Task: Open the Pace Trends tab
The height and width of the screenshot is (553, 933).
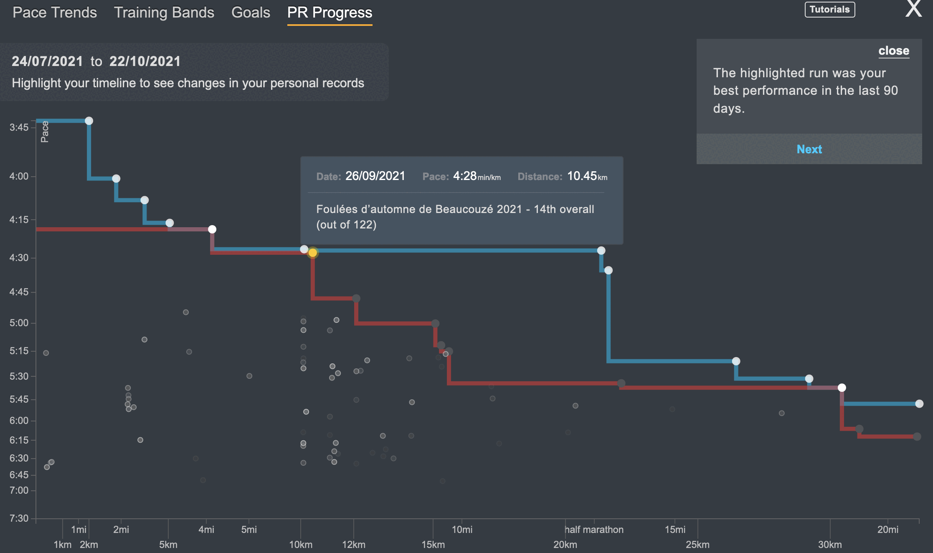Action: coord(55,13)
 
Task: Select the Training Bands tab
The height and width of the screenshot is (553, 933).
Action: coord(164,13)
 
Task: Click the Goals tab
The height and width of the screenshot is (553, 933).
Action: coord(251,13)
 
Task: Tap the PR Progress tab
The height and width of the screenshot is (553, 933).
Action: coord(330,13)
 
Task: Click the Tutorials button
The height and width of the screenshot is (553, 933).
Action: coord(829,10)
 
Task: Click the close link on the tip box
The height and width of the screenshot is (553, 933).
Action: coord(894,51)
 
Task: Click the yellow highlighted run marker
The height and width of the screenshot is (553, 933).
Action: coord(312,253)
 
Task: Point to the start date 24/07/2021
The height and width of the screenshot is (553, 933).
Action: coord(47,61)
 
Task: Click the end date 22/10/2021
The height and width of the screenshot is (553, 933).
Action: coord(145,61)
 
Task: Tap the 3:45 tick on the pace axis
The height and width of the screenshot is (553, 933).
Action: coord(19,127)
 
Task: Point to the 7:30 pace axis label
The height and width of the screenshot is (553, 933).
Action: coord(19,518)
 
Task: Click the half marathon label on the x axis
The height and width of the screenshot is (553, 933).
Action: coord(594,530)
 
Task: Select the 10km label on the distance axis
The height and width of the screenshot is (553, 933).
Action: coord(301,545)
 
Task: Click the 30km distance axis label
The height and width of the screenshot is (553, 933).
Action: coord(830,545)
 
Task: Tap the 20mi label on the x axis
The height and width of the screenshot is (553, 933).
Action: coord(887,530)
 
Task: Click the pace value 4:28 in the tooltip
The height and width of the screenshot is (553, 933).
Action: coord(465,176)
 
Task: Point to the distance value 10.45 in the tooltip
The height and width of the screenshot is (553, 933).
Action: coord(582,176)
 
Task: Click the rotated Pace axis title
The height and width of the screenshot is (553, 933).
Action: coord(45,132)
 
